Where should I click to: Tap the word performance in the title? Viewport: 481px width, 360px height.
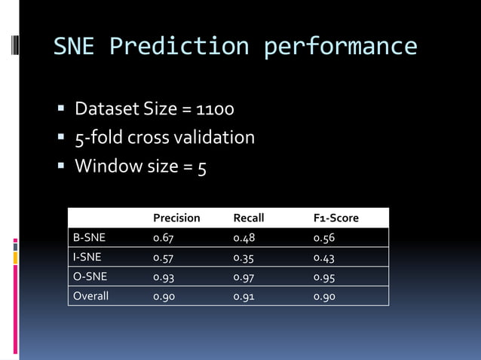[340, 47]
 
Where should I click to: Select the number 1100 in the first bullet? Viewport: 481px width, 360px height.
[215, 110]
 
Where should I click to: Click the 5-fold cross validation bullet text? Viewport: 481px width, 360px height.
[164, 138]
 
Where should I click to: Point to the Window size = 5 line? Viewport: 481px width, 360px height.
[140, 166]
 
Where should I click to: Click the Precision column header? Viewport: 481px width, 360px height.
[176, 218]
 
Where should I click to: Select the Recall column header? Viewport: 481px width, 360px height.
[248, 218]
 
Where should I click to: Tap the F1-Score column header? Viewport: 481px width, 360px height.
[335, 218]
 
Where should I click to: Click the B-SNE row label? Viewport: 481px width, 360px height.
[89, 237]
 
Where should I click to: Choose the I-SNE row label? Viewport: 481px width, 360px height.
[87, 257]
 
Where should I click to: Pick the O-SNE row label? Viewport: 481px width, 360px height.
[90, 276]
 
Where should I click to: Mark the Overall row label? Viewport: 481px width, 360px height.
[90, 296]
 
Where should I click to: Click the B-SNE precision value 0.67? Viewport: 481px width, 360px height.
[164, 237]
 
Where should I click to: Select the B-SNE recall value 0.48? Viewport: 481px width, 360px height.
[244, 237]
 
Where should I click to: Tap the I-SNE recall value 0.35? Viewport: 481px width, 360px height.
[244, 257]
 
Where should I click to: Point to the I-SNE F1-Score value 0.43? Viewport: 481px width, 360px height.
[324, 257]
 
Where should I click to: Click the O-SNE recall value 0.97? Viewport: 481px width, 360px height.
[244, 276]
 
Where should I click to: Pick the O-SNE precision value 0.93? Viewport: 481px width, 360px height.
[164, 276]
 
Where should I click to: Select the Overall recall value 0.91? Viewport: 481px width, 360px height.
[244, 296]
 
